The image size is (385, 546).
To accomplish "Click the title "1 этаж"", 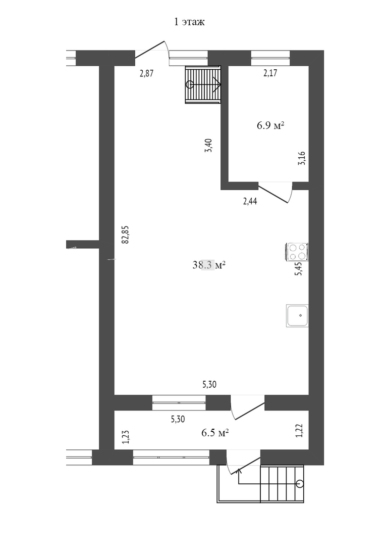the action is coord(189,22).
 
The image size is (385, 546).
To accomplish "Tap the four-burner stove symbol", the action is coord(297,252).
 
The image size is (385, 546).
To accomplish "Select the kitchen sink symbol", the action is coord(297,315).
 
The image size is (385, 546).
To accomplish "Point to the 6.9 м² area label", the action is coord(270,125).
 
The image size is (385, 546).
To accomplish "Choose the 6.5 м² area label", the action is coord(215,433).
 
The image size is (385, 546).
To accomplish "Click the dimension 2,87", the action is coord(146,73).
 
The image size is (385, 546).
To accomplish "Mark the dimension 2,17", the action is coord(270,73).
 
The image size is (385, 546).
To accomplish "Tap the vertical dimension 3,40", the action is coord(208,146).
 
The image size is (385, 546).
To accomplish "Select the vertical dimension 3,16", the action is coord(302,158).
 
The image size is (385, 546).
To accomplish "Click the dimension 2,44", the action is coord(250,201).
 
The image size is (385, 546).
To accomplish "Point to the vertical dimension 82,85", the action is coord(125,235).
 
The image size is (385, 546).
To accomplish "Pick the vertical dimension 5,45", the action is coord(299,269).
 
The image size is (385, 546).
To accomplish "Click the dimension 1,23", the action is coord(126,437).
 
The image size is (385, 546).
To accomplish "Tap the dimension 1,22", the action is coord(299,431).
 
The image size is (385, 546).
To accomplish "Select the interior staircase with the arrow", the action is coord(203,84).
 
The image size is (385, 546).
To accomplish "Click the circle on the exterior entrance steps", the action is coord(299,483).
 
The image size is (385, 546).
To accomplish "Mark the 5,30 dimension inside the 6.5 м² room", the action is coord(178,419).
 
